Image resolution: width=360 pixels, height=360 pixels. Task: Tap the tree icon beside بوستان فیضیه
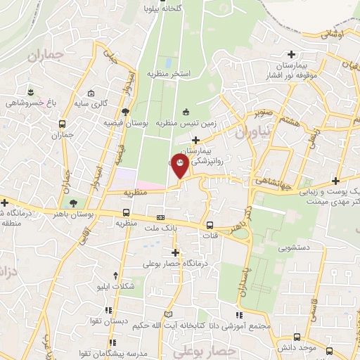[125, 112]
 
